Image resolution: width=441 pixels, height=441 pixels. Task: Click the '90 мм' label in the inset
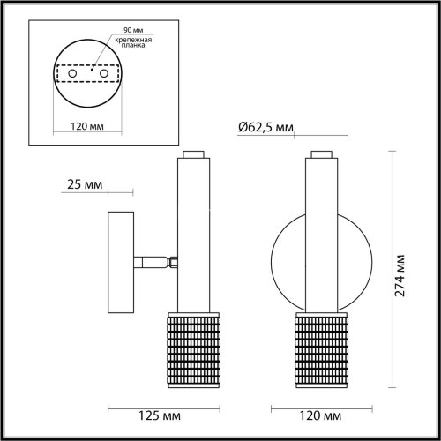coord(119,31)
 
